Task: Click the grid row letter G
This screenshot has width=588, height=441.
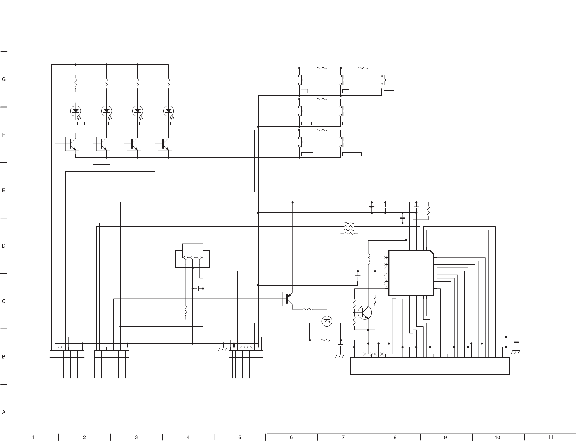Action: [x=4, y=80]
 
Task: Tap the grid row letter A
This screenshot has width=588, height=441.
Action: [x=4, y=412]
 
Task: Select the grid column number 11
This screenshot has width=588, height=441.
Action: [x=550, y=437]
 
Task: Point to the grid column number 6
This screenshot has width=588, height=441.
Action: [x=291, y=438]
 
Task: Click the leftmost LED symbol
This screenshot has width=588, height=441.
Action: [x=76, y=111]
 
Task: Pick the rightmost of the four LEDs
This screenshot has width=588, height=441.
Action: [x=169, y=111]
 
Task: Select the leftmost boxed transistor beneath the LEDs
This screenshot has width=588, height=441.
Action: [x=72, y=144]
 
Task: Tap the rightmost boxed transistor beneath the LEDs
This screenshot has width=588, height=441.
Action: [x=165, y=144]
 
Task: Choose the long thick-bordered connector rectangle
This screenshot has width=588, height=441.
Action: [x=430, y=366]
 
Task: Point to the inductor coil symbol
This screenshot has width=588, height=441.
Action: [x=369, y=259]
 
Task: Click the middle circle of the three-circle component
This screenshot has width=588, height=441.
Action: [x=192, y=258]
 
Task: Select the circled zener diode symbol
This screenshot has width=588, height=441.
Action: [x=327, y=321]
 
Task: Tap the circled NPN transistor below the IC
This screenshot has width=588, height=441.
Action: [x=365, y=313]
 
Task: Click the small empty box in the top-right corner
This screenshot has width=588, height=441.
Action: [x=570, y=3]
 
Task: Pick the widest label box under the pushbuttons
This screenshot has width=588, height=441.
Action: [x=352, y=154]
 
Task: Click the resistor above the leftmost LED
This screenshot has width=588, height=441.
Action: [x=76, y=84]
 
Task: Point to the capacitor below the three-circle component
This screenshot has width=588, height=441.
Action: [x=198, y=289]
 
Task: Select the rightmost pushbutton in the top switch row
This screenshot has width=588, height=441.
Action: [x=383, y=80]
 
